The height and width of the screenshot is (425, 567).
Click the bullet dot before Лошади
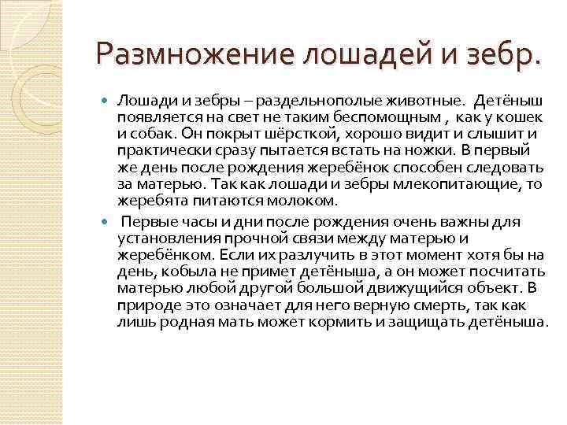[109, 101]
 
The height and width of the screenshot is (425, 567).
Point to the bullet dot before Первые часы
[109, 221]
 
